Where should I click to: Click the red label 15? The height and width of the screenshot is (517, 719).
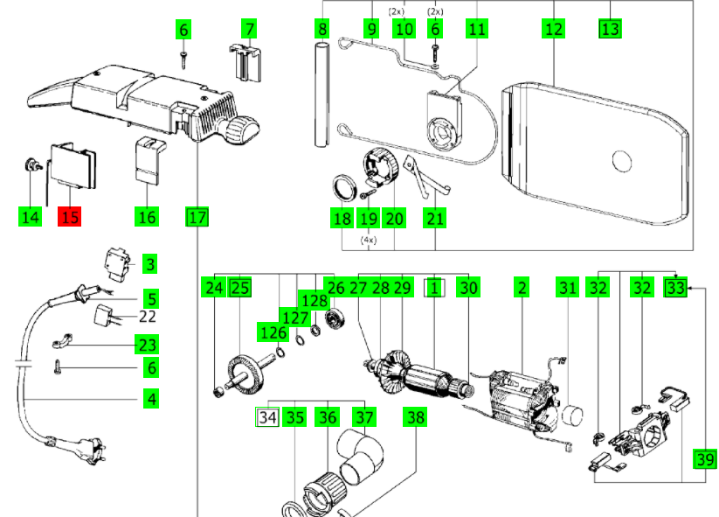click(x=69, y=216)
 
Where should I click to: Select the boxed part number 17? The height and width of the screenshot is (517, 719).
click(x=197, y=216)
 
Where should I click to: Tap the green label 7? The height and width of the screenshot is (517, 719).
click(x=249, y=29)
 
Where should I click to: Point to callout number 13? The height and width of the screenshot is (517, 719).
click(x=610, y=29)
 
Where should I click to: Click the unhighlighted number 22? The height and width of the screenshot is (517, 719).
click(x=148, y=317)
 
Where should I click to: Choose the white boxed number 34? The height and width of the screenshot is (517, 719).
click(x=267, y=417)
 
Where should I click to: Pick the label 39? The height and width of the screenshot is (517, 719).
click(x=704, y=458)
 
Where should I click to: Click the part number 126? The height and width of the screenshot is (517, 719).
click(x=273, y=333)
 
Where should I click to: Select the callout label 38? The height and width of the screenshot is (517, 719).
click(x=415, y=417)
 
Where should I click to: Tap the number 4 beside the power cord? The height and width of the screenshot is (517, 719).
click(x=151, y=400)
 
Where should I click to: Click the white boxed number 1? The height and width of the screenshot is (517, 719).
click(x=434, y=286)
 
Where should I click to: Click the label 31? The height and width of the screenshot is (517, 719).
click(x=568, y=286)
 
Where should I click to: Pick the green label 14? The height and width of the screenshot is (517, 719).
click(x=31, y=216)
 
